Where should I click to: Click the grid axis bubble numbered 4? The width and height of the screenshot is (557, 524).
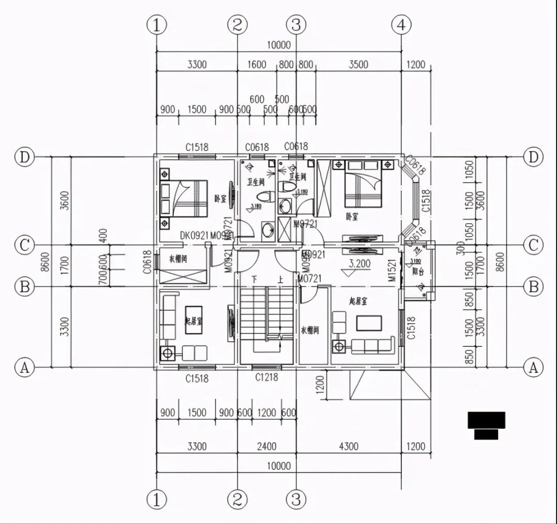pos(401,24)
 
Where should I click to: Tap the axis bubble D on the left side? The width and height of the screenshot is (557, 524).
pos(24,156)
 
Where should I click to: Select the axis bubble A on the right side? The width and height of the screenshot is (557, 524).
pos(533,368)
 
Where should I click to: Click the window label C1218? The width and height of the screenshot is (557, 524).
pos(267,377)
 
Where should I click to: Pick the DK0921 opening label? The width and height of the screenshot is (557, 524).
pos(194,235)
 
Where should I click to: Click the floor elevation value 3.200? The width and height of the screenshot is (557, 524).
pos(359,263)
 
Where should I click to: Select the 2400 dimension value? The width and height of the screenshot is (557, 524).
pos(267,446)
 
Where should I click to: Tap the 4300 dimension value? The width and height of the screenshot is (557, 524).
pos(349,446)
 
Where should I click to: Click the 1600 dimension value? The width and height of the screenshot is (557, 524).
pos(257,65)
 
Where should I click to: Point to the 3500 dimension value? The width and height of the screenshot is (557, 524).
pos(358,65)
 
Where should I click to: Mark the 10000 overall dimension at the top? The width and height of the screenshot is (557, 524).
pos(279,45)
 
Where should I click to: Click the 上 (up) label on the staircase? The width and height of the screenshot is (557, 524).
pos(280,279)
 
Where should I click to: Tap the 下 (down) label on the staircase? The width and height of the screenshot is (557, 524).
pos(254,279)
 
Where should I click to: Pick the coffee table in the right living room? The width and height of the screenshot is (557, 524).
pos(369,323)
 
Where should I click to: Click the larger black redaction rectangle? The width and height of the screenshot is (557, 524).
pos(486,420)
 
